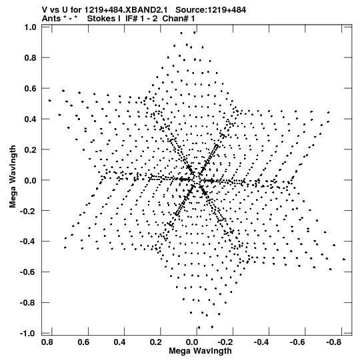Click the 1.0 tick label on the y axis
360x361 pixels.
click(x=31, y=27)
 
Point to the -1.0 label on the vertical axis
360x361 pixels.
click(x=28, y=333)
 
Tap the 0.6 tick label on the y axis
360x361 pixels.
click(x=31, y=88)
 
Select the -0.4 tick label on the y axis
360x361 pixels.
click(x=28, y=242)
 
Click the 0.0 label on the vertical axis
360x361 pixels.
click(x=31, y=180)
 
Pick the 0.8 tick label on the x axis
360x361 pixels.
click(x=47, y=342)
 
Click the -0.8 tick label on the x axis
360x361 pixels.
click(x=334, y=342)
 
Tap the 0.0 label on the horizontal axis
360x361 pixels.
click(x=192, y=342)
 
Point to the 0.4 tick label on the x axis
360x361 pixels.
click(x=119, y=342)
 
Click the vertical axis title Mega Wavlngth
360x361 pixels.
click(x=13, y=177)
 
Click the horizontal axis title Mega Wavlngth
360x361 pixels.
click(x=200, y=351)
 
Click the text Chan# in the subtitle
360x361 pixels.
click(x=175, y=19)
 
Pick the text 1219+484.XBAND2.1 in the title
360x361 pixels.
click(x=126, y=10)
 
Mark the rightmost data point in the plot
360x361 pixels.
click(x=344, y=259)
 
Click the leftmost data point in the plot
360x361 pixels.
click(x=50, y=100)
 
